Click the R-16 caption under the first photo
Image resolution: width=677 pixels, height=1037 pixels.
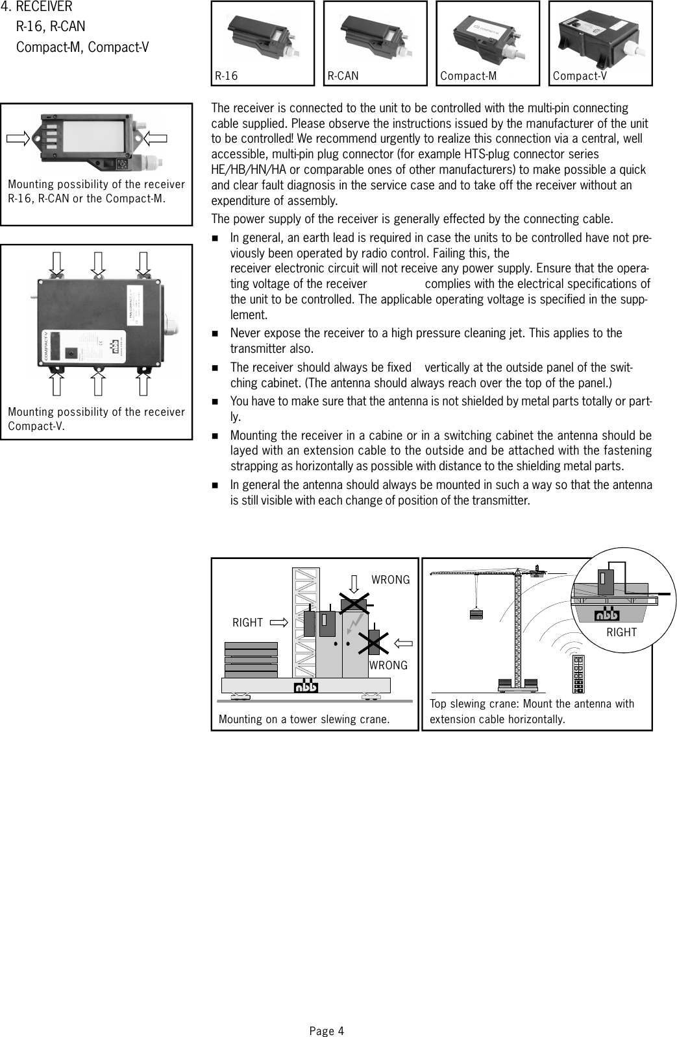[x=227, y=77]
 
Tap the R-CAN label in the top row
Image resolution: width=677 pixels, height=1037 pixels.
[x=343, y=77]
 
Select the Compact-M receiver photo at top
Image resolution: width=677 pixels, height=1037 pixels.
[x=487, y=36]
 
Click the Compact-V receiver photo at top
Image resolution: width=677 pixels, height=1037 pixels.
[x=600, y=36]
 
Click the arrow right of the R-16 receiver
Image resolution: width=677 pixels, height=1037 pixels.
[x=155, y=137]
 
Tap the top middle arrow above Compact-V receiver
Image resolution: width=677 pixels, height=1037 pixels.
[x=98, y=262]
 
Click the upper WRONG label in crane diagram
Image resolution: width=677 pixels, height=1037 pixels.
[x=390, y=580]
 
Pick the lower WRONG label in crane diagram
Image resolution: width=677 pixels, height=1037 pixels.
[x=388, y=665]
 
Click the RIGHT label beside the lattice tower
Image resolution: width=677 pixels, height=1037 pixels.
[x=248, y=623]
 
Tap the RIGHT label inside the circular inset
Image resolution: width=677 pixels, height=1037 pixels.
[x=621, y=632]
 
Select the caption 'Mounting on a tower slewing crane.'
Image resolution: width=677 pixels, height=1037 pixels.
[x=304, y=719]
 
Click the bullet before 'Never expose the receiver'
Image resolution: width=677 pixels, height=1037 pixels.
[x=215, y=333]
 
